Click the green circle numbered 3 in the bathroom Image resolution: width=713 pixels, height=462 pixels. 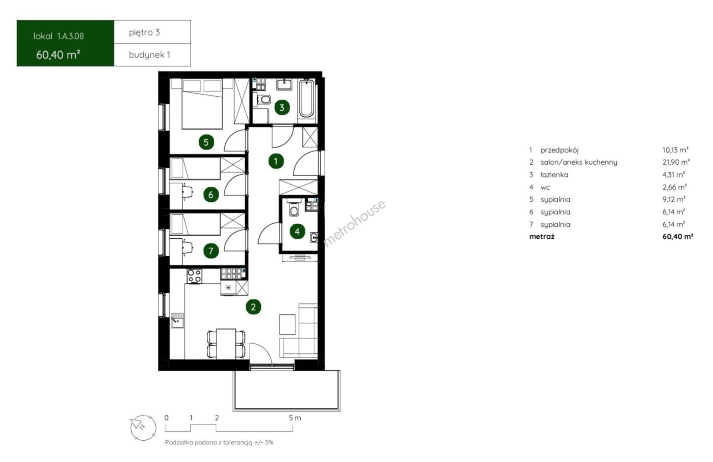coord(282,108)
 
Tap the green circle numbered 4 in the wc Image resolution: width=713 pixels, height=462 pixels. coord(297,231)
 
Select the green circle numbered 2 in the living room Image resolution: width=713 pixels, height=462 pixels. coord(253,307)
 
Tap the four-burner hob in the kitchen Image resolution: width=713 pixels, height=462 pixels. coord(194,276)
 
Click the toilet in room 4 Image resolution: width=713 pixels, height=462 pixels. coord(294,209)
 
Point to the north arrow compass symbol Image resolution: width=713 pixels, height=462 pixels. coord(143,428)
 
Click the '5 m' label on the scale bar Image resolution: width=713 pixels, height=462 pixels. coord(295,418)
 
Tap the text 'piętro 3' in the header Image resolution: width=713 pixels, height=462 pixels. coord(144,33)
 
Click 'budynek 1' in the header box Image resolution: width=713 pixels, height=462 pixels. coord(150,55)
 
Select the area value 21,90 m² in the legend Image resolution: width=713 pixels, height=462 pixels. coord(676,162)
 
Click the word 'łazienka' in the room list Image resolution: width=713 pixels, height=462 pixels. coord(554,175)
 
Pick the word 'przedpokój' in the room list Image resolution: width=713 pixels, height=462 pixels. coord(559,150)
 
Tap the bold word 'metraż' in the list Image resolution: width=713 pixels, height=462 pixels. coord(542,237)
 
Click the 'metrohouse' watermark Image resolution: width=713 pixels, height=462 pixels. coord(355,222)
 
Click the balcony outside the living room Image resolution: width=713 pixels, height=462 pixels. coord(287,391)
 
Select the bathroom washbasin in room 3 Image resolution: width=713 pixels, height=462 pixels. coord(284,84)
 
